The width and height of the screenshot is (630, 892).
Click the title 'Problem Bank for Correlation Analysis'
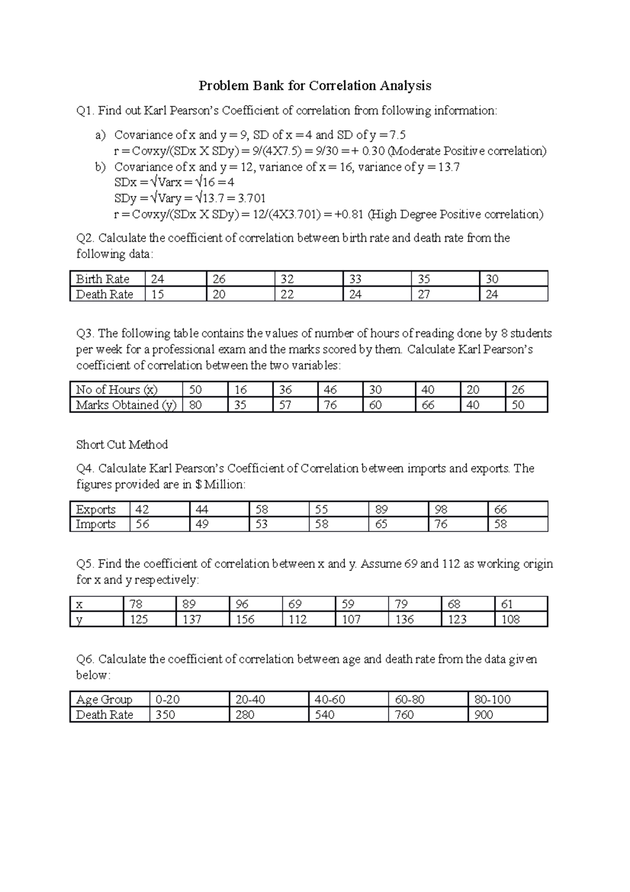point(314,86)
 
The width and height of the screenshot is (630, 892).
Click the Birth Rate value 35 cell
point(424,279)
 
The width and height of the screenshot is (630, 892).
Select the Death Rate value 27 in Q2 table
point(424,294)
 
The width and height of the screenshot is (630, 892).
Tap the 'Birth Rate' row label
point(102,279)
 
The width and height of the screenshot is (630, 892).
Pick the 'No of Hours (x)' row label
point(117,390)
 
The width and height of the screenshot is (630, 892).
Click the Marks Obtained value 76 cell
point(330,405)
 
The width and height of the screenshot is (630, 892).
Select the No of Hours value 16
point(240,390)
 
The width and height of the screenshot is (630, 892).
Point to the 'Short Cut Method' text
point(122,445)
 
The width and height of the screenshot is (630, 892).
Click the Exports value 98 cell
point(442,510)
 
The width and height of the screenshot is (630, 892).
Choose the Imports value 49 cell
point(202,524)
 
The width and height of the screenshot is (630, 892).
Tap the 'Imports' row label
point(96,524)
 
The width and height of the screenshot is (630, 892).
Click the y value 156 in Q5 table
point(245,620)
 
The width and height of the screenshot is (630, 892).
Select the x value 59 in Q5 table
point(348,605)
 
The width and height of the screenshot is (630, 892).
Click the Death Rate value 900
point(484,715)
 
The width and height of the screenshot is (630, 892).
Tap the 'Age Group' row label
point(104,700)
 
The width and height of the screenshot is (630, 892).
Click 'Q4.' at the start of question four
point(86,469)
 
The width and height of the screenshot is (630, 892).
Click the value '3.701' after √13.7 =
point(251,199)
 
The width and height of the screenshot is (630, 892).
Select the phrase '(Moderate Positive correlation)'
point(466,151)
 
